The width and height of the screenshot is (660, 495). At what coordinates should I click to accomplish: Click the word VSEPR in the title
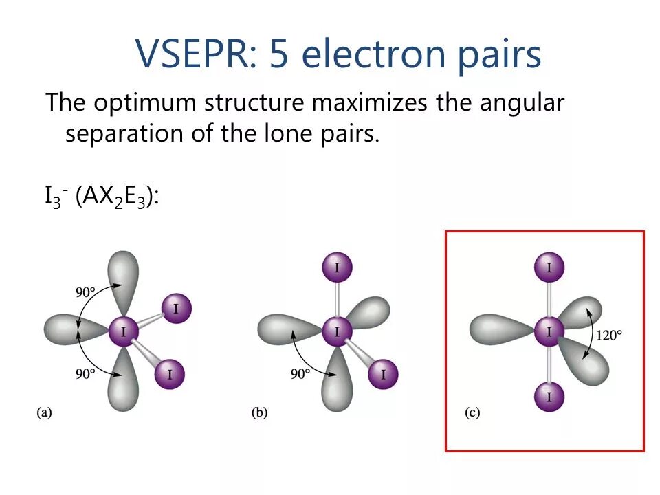[x=194, y=54]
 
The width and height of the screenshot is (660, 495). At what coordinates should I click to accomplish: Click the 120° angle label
[x=609, y=335]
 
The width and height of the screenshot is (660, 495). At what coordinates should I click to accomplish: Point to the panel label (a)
[x=44, y=412]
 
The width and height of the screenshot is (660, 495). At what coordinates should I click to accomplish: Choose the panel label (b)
[x=260, y=412]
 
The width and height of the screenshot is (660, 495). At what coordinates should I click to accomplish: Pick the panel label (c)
[x=472, y=412]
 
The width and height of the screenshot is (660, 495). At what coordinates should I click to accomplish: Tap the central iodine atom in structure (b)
[x=337, y=332]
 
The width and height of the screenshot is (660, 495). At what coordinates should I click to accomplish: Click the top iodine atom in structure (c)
[x=549, y=267]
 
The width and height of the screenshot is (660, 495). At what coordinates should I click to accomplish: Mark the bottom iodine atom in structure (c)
[x=549, y=397]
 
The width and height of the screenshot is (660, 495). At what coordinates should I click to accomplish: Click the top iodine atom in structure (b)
[x=337, y=267]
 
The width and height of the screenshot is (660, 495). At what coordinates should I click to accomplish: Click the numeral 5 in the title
[x=279, y=54]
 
